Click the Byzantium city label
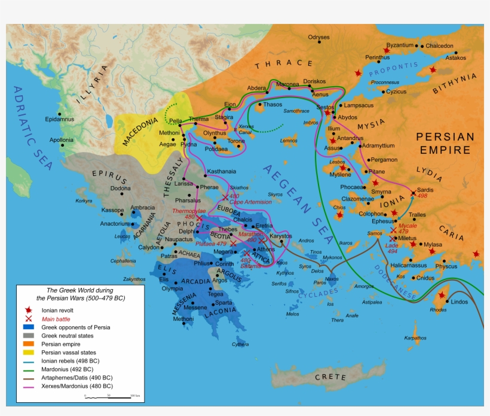pyautogui.click(x=400, y=45)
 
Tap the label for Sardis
pyautogui.click(x=425, y=190)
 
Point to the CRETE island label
pyautogui.click(x=330, y=377)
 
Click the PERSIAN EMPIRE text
pyautogui.click(x=445, y=143)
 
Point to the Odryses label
pyautogui.click(x=318, y=38)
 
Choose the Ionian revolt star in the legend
pyautogui.click(x=28, y=310)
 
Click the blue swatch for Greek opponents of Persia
pyautogui.click(x=28, y=327)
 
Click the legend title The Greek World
pyautogui.click(x=81, y=293)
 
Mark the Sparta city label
pyautogui.click(x=224, y=302)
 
